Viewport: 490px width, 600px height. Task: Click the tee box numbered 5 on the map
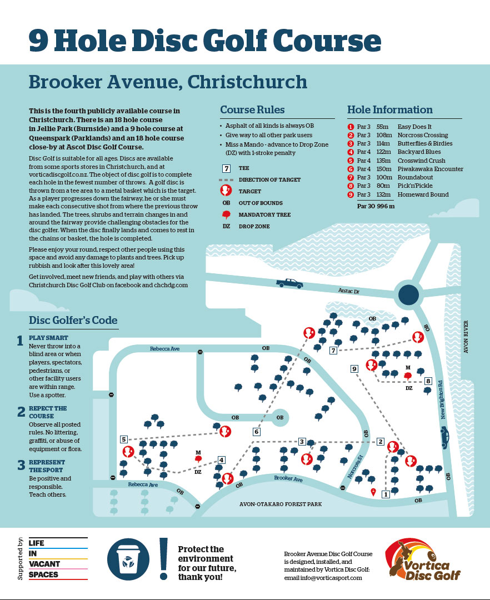(123, 439)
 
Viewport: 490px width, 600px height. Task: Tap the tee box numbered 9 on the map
(354, 369)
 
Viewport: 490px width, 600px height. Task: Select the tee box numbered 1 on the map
(386, 494)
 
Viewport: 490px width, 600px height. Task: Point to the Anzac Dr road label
(349, 291)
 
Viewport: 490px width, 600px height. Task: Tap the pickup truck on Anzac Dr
(289, 283)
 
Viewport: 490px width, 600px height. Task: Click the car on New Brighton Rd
(444, 438)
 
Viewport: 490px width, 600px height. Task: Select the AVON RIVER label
(466, 337)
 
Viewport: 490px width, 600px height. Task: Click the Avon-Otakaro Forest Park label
(281, 504)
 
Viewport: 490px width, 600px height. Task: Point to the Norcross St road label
(355, 467)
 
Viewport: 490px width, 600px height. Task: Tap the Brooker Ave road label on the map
(288, 478)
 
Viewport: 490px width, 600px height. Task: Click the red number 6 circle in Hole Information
(351, 169)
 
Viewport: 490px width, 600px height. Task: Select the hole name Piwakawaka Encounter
(431, 169)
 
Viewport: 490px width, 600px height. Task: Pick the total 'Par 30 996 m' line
(376, 206)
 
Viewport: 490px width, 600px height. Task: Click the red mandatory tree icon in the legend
(227, 214)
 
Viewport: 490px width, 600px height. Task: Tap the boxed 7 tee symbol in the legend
(227, 168)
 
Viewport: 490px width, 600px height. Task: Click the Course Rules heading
(252, 110)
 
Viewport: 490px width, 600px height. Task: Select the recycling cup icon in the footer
(128, 559)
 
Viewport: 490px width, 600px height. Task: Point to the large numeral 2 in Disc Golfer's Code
(22, 412)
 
